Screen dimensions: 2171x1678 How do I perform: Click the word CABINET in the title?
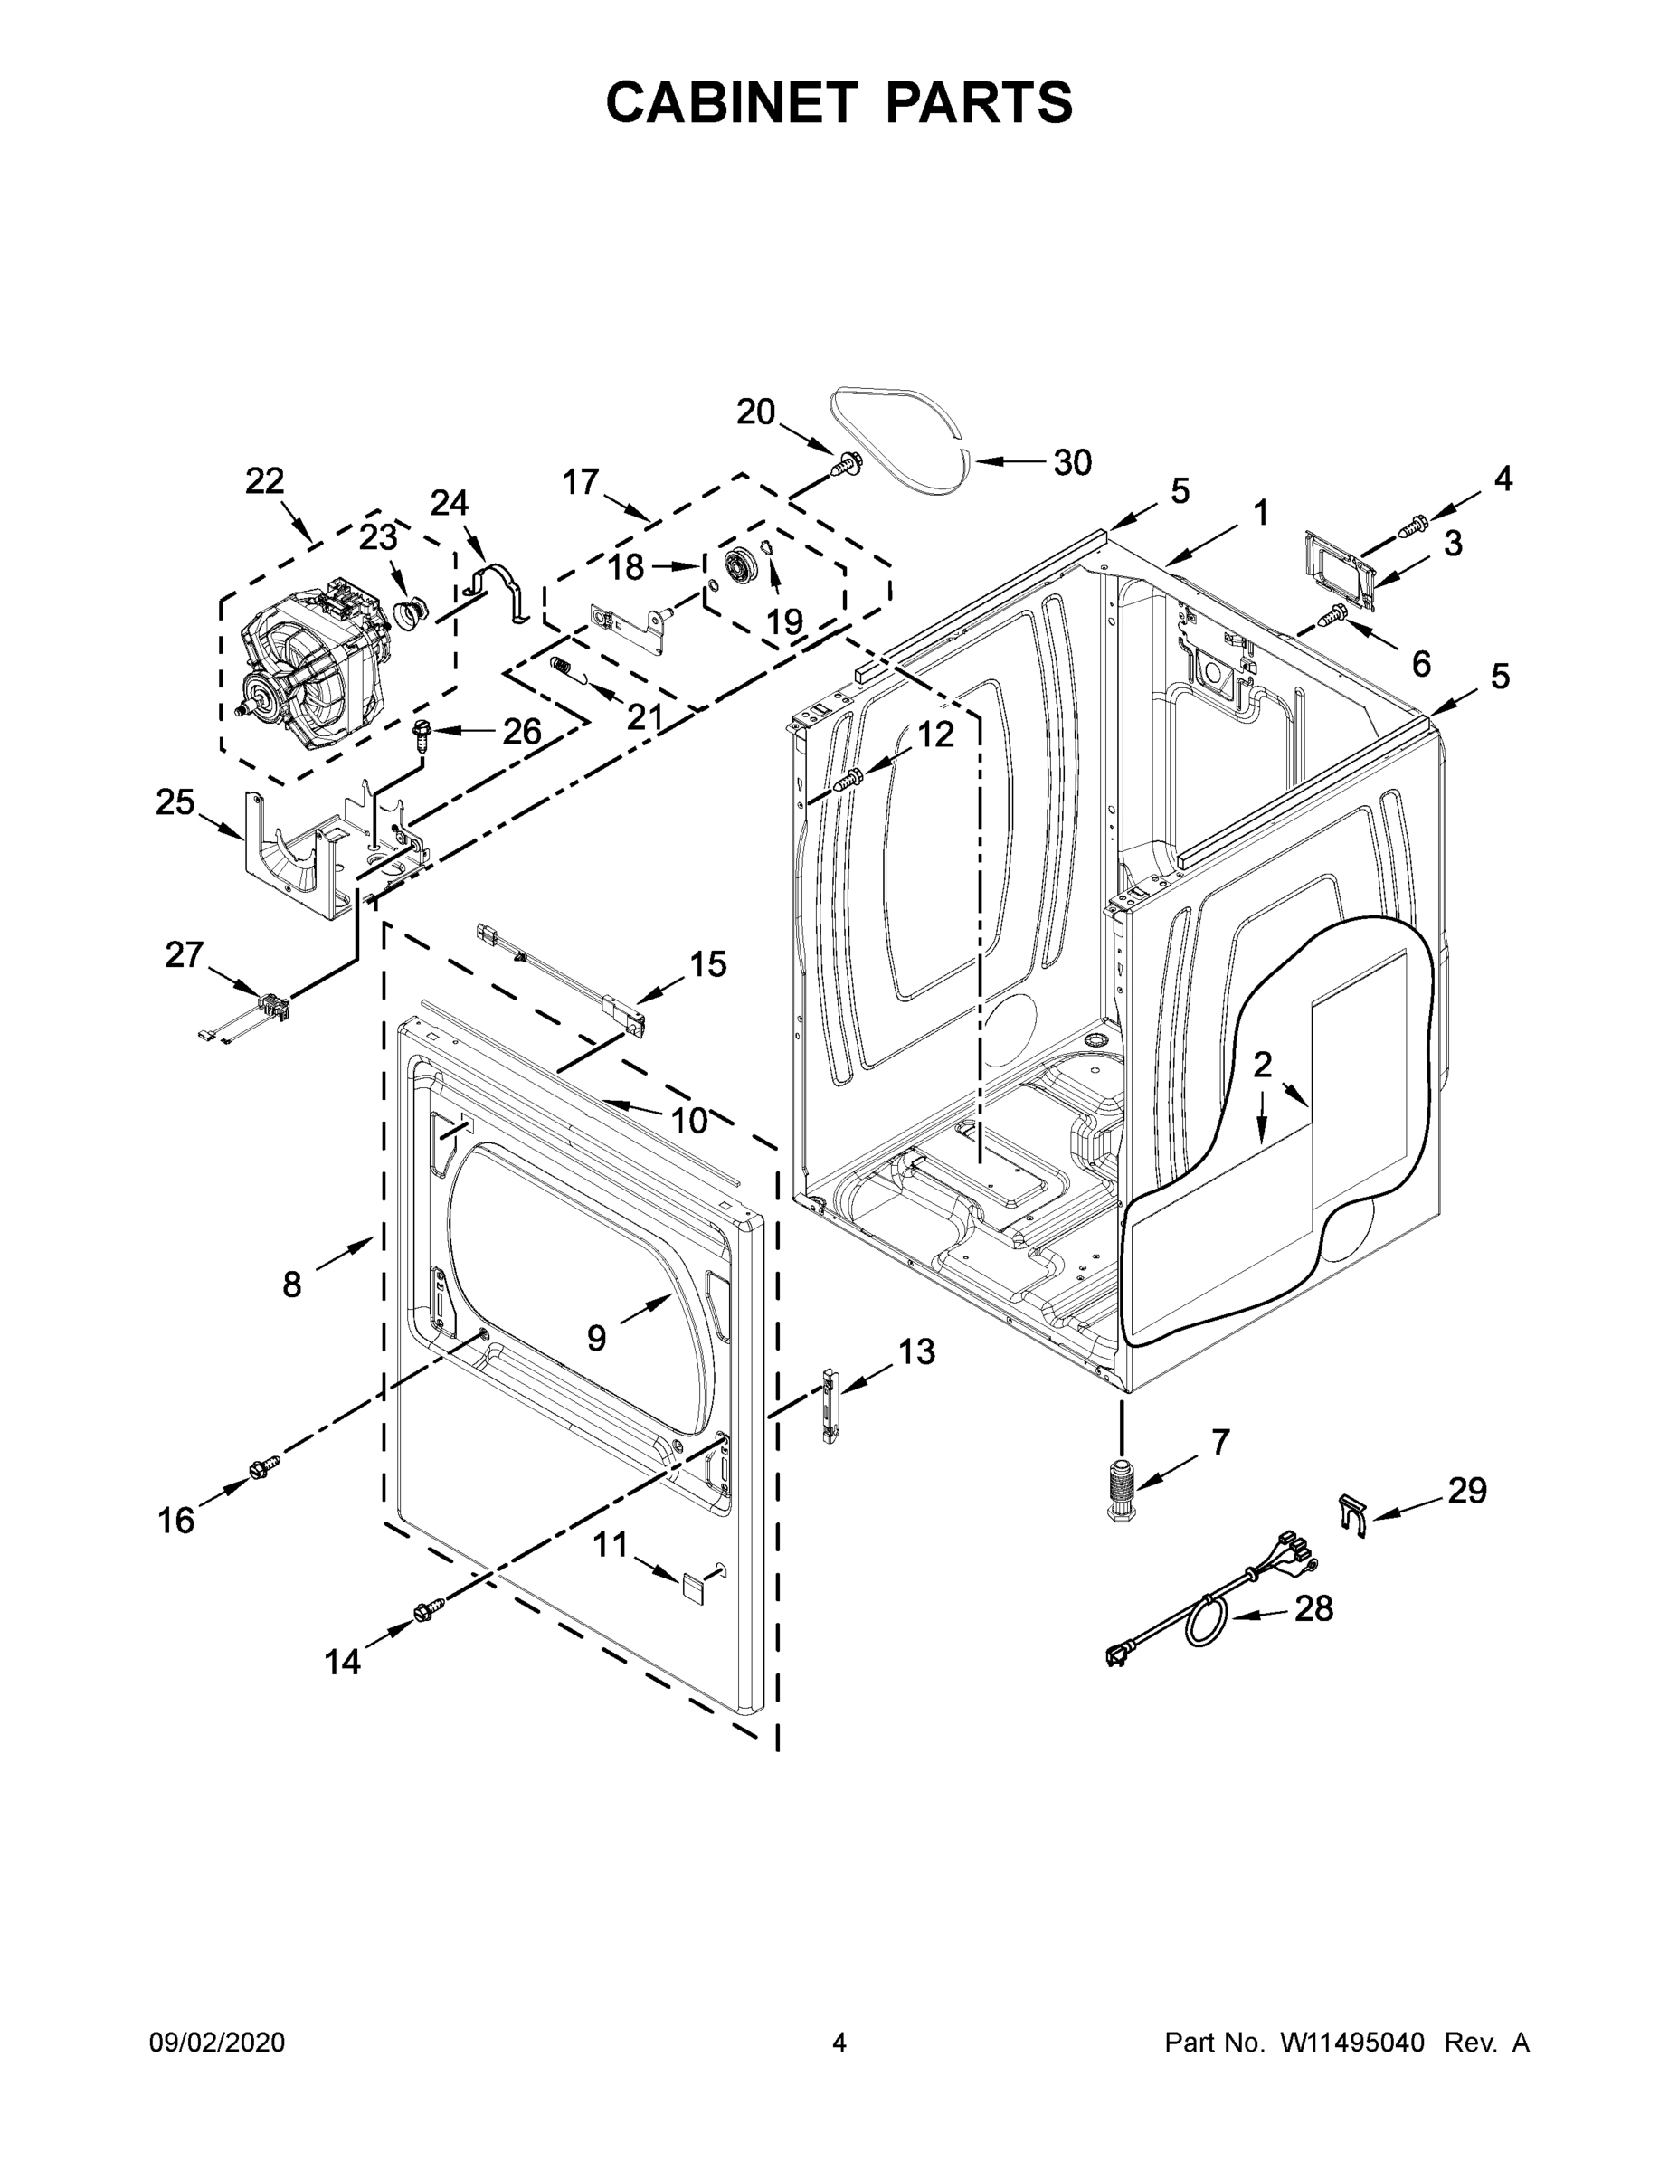[x=731, y=102]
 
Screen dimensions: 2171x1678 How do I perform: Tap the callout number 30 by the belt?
[x=1072, y=462]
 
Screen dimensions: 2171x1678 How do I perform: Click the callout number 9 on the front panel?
[x=595, y=1338]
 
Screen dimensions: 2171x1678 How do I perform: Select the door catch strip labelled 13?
[x=828, y=1404]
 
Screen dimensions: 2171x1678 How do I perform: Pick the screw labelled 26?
[x=421, y=735]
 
